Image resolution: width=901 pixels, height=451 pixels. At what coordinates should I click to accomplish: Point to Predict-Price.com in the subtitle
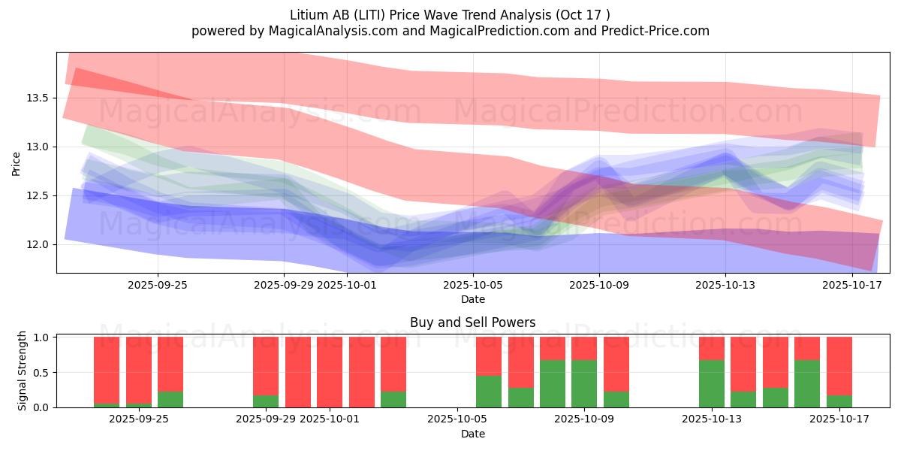[651, 31]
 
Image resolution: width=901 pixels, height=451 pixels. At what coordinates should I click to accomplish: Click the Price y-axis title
[17, 163]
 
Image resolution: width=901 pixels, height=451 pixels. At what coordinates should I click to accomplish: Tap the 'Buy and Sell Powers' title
[472, 322]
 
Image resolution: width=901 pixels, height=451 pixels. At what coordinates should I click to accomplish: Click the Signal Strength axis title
[23, 371]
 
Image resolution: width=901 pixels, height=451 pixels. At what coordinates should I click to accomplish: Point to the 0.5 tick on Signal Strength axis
[42, 372]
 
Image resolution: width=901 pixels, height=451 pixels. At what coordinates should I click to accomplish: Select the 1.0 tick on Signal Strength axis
[42, 337]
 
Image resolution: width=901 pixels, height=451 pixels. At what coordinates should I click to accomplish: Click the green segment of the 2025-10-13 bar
[712, 383]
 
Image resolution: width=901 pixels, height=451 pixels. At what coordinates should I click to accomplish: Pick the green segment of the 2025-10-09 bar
[584, 383]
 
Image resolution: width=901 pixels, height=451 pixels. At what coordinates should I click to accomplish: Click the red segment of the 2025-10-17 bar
[839, 365]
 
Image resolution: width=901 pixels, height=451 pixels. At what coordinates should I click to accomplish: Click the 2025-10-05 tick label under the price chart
[473, 285]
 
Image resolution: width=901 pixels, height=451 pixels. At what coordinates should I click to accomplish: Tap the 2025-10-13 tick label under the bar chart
[710, 419]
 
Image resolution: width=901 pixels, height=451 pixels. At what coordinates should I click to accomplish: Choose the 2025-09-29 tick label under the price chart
[284, 285]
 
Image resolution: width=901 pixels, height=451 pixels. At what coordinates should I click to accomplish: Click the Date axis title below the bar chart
[472, 434]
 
